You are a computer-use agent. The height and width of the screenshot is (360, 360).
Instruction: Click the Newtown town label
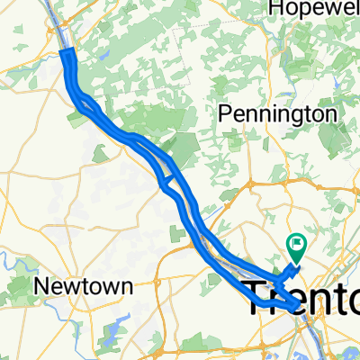pos(83,287)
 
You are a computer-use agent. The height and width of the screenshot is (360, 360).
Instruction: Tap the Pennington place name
pos(278,114)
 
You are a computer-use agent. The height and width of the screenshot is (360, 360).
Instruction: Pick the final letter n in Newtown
pos(127,287)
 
